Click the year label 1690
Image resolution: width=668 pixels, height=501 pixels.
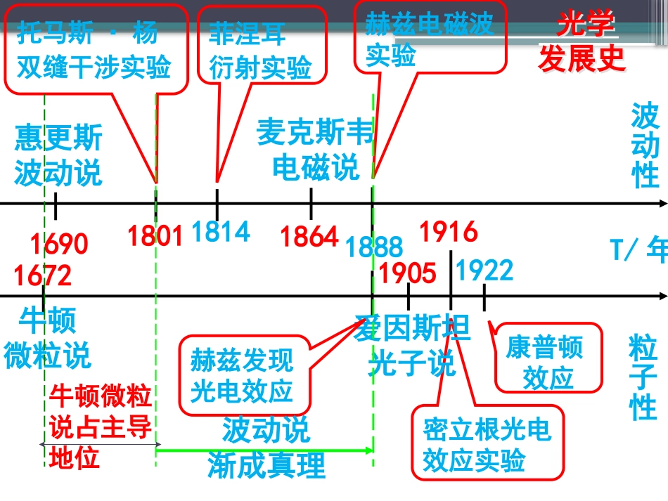click(x=59, y=244)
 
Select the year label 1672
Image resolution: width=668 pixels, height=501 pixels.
click(x=43, y=275)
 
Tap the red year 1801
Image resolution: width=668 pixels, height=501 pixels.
click(x=155, y=235)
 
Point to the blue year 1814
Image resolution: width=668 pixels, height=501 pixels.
click(x=221, y=232)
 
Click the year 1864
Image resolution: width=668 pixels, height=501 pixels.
click(x=309, y=236)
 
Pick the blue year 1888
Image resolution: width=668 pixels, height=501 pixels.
click(x=374, y=247)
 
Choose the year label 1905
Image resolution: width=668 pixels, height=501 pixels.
click(x=407, y=273)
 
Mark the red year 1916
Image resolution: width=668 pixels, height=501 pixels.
click(x=449, y=232)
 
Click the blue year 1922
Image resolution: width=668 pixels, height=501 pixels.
click(x=484, y=271)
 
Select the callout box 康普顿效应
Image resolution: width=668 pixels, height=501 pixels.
click(x=548, y=358)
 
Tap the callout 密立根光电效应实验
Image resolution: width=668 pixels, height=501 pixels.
click(x=488, y=443)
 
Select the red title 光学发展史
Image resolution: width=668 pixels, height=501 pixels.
click(x=583, y=41)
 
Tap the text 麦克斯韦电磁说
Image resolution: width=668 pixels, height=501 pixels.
click(x=315, y=150)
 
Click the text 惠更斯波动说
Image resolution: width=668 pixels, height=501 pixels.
click(x=58, y=155)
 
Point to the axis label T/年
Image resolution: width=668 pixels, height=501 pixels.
click(x=638, y=249)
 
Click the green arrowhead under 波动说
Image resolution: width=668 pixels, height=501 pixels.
click(x=369, y=450)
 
